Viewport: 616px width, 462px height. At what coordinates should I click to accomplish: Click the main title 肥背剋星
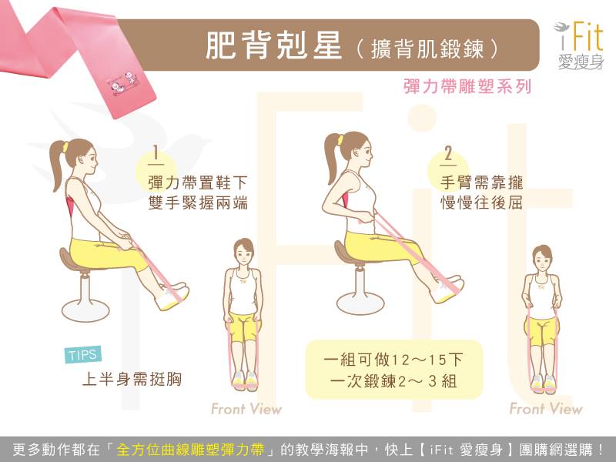(273, 45)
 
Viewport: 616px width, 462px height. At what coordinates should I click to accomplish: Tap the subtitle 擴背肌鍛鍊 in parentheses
(427, 49)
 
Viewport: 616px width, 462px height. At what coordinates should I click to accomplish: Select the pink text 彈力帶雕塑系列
(467, 86)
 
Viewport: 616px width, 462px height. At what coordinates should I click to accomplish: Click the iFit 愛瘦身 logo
(579, 46)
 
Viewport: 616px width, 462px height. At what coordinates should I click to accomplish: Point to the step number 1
(156, 154)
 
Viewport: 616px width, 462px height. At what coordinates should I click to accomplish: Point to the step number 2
(448, 154)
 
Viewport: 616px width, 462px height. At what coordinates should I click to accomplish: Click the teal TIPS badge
(83, 355)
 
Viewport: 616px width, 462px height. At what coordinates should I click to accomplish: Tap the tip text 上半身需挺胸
(132, 379)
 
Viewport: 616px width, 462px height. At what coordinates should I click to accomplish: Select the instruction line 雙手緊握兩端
(198, 203)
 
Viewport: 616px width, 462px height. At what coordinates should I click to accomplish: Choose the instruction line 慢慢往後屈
(482, 203)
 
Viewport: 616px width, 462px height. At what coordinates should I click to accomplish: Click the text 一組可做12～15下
(393, 360)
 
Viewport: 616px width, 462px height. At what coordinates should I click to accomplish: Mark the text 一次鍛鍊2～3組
(393, 380)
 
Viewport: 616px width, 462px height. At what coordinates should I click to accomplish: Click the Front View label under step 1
(246, 409)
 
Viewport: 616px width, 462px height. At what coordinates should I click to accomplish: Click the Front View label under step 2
(546, 409)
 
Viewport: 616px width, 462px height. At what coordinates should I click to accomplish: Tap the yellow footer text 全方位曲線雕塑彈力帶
(190, 450)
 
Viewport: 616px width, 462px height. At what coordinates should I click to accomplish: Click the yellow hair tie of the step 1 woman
(65, 148)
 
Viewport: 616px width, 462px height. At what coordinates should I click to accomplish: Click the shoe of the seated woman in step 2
(449, 292)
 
